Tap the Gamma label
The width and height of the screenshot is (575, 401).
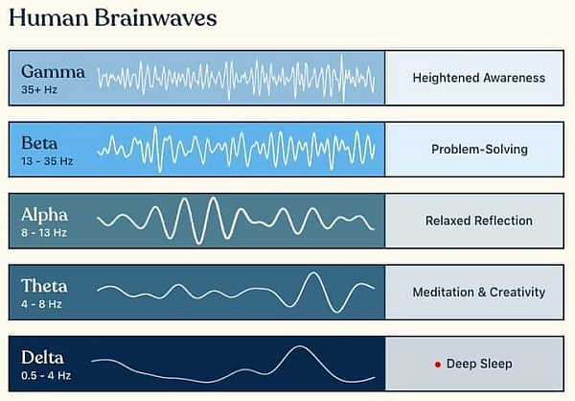53,71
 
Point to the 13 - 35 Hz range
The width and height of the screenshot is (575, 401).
47,160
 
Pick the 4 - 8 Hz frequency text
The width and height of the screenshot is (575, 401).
41,303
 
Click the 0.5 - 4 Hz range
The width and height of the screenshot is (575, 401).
44,375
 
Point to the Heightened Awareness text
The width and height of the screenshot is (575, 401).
479,78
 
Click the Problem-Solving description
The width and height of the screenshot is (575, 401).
479,150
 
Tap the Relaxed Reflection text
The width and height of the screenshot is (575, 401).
479,221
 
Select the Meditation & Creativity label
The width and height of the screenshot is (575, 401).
479,293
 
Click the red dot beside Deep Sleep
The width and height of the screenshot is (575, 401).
437,365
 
